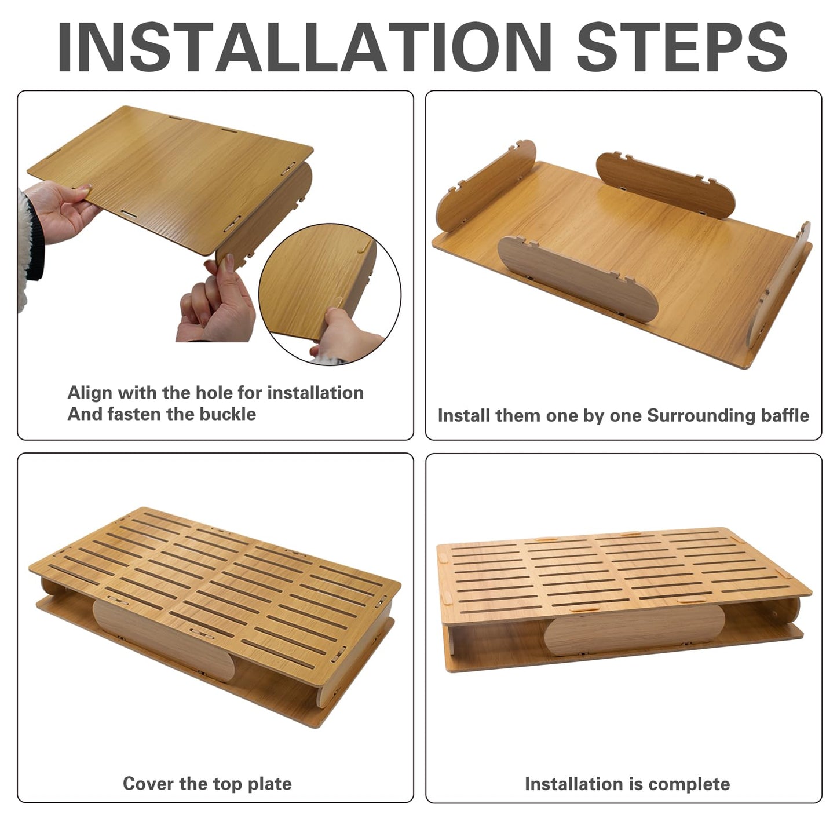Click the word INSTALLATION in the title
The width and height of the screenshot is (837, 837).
[305, 46]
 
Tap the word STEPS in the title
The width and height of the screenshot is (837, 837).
[682, 46]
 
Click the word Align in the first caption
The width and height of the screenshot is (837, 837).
[90, 393]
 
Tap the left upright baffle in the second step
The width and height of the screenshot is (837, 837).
[485, 185]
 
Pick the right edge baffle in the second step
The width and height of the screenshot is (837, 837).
[778, 284]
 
